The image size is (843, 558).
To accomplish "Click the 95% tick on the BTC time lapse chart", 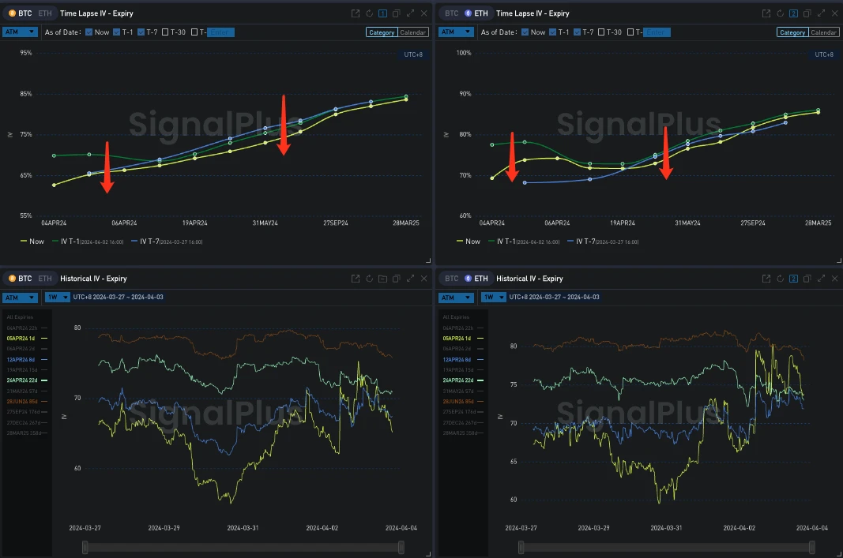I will pos(26,53).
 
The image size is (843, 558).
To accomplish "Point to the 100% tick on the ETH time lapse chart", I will pos(465,53).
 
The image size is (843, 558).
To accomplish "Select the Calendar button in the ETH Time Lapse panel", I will pos(823,32).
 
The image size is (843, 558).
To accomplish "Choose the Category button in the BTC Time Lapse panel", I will pos(381,32).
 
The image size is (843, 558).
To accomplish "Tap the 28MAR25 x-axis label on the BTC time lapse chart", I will pos(405,223).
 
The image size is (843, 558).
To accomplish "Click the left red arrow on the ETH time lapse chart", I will pos(512,157).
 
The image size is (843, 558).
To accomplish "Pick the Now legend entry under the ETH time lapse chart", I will pos(468,242).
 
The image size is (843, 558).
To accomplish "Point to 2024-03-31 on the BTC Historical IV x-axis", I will pos(243,528).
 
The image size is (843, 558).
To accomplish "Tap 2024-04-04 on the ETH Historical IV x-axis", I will pos(811,528).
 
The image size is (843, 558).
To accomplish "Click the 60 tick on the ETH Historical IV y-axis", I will pos(513,500).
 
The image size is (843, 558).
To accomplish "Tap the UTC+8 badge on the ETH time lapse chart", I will pos(823,54).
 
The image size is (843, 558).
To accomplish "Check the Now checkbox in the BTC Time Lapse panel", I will pos(89,32).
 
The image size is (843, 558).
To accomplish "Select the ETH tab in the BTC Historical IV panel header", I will pos(45,279).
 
